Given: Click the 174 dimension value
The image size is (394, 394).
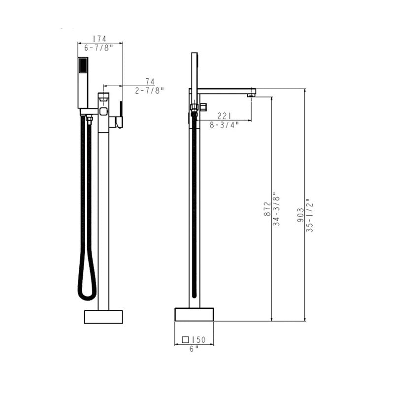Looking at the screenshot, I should [x=100, y=38].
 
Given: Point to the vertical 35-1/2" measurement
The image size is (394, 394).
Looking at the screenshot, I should [x=309, y=215].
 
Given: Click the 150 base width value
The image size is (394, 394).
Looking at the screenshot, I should [x=198, y=340].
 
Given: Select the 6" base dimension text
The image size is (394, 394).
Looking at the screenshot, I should [x=194, y=348].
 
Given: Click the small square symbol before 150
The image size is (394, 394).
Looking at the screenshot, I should [x=186, y=340].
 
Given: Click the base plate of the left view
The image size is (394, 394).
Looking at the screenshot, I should [x=103, y=317].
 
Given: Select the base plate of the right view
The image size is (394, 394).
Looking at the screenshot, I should [x=194, y=314].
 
